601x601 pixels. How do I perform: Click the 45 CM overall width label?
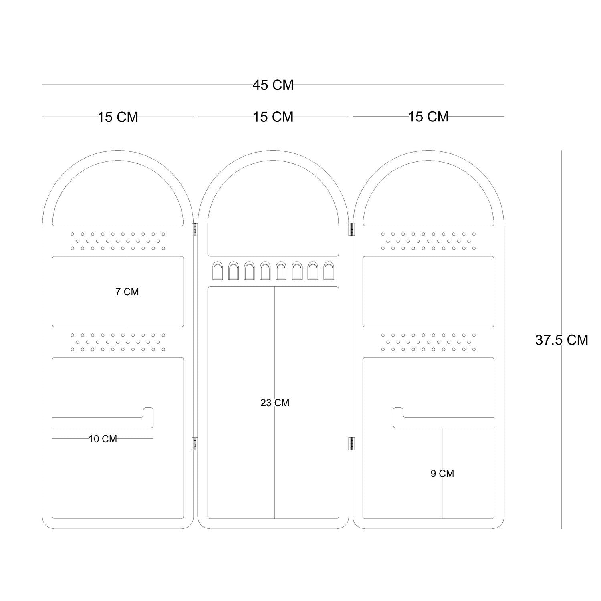tap(273, 85)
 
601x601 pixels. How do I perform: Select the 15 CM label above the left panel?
tap(118, 117)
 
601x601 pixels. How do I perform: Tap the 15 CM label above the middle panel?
tap(273, 117)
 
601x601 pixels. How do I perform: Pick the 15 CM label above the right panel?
tap(428, 117)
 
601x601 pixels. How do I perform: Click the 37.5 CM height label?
tap(562, 340)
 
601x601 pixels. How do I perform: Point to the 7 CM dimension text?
tap(127, 292)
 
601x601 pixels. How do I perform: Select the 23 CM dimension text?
tap(275, 403)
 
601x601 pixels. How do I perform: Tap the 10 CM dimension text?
tap(103, 439)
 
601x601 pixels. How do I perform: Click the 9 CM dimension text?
tap(442, 474)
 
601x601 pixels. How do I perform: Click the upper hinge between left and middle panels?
tap(196, 229)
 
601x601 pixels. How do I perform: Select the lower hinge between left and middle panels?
tap(196, 444)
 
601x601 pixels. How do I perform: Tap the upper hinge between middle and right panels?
tap(351, 229)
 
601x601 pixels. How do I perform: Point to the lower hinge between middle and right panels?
tap(351, 444)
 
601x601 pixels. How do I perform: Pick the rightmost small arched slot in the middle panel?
tap(329, 271)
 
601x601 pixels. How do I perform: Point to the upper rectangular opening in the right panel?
tap(428, 292)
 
